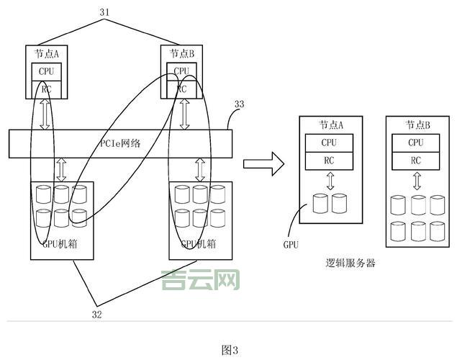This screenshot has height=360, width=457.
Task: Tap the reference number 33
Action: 239,104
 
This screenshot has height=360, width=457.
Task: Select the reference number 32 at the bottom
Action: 96,314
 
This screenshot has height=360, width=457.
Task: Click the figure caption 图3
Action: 229,351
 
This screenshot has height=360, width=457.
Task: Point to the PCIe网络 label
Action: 119,143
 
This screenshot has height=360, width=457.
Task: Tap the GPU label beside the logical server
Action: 291,245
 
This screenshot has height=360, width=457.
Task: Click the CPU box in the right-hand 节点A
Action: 330,143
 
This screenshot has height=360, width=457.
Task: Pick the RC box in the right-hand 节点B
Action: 416,161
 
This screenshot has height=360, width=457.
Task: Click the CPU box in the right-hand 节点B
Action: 416,143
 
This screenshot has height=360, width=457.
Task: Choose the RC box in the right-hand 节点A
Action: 330,161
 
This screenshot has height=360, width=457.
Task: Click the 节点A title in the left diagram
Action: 47,53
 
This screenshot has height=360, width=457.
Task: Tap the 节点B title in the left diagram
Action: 183,53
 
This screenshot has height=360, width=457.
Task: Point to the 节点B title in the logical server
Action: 416,125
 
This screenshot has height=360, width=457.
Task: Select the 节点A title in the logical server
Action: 330,125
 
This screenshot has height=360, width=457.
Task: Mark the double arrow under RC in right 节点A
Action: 330,181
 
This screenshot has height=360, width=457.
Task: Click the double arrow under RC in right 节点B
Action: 416,182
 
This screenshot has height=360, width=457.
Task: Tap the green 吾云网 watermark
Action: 201,279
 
